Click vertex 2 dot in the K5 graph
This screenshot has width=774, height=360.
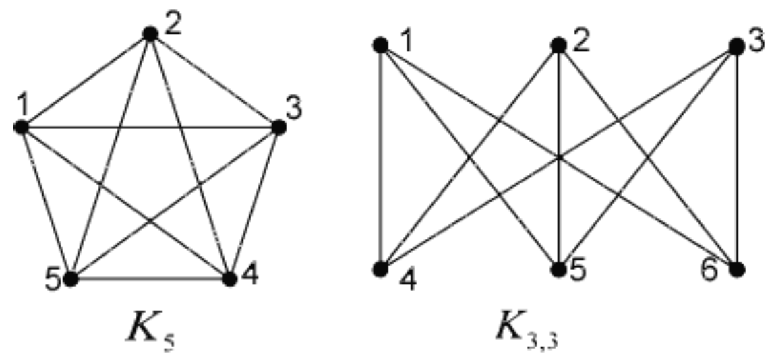150,34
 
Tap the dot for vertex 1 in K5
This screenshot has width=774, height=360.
21,127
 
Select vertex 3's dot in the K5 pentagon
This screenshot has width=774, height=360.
279,127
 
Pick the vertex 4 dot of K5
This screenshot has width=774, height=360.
229,279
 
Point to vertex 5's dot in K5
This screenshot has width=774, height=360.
71,279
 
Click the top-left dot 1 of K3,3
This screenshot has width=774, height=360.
380,45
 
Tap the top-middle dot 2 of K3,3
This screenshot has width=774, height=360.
558,45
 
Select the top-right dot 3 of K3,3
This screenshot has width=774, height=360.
736,47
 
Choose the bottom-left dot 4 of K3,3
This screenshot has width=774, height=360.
380,269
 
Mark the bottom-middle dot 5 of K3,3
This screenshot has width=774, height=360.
558,269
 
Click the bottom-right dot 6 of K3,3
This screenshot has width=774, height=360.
736,269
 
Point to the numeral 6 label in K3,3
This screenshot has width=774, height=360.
710,270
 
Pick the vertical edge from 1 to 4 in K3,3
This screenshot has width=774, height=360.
380,157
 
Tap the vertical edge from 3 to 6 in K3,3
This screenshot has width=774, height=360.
736,158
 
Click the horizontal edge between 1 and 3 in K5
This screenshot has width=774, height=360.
150,127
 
